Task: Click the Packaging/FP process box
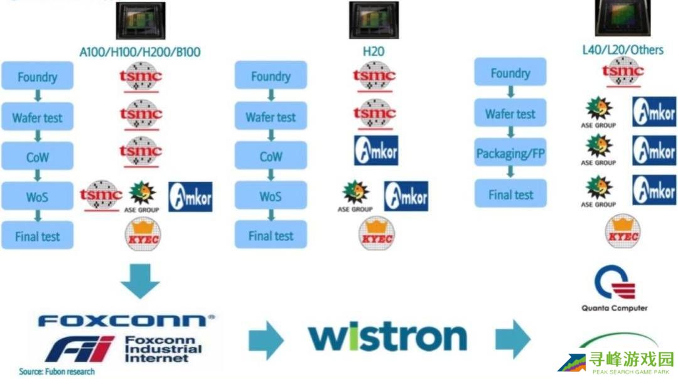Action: click(x=510, y=154)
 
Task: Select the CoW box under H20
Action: click(x=271, y=156)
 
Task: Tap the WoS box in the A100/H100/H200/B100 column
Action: click(x=37, y=197)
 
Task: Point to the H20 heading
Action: click(x=374, y=51)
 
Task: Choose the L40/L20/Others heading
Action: click(x=622, y=49)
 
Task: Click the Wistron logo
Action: click(x=387, y=338)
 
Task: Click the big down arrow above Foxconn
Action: click(x=140, y=280)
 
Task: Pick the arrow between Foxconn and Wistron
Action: click(x=266, y=339)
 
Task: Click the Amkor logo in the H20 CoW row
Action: click(x=375, y=151)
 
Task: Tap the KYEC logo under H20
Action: click(x=375, y=234)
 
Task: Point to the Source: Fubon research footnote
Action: click(x=56, y=371)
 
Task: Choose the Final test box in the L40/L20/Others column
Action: click(x=510, y=195)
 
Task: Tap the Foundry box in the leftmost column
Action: click(x=37, y=77)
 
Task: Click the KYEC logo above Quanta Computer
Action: click(x=622, y=232)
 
